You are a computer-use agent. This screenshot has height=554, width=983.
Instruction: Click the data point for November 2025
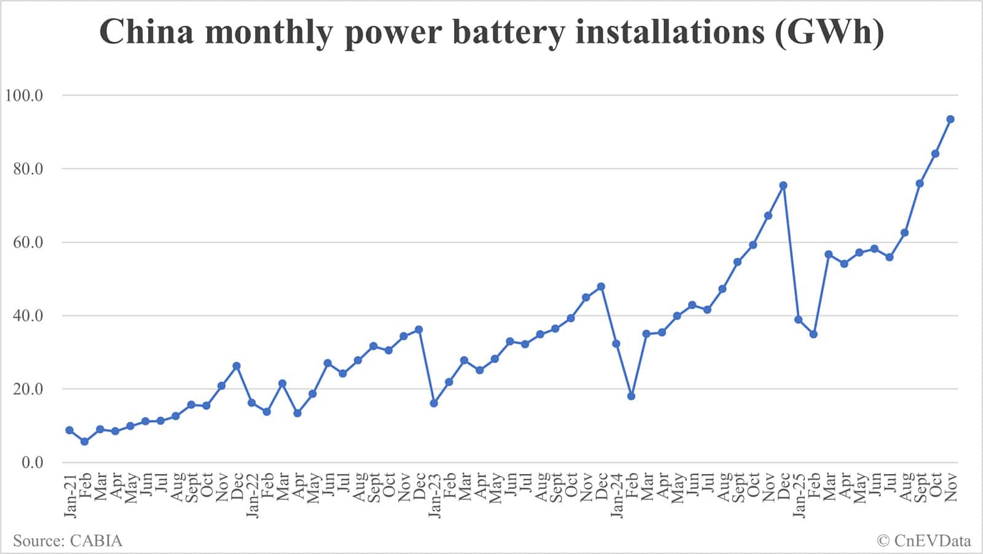coord(950,119)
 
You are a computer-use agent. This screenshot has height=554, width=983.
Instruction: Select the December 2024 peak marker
coord(783,185)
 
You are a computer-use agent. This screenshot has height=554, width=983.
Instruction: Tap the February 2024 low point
coord(631,396)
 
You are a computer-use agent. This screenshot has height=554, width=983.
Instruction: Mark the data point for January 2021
coord(69,430)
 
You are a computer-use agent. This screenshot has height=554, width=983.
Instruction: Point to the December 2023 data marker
coord(601,287)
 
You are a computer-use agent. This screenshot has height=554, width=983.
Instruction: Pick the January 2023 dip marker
coord(434,403)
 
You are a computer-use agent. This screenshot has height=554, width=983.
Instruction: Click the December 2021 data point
coord(237,366)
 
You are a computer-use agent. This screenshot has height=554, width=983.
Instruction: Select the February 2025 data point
coord(813,334)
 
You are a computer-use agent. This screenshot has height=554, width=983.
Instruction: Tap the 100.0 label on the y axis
coord(23,95)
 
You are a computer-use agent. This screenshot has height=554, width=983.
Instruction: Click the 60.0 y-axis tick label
coord(28,242)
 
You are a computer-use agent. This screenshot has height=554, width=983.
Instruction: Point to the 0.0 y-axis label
coord(32,462)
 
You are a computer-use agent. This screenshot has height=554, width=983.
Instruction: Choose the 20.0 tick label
coord(28,389)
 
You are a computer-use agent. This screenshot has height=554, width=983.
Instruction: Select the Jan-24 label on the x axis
coord(616,496)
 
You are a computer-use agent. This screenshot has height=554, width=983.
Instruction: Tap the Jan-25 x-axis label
coord(798,496)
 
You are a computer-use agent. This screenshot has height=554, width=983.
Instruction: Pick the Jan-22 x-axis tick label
coord(252,496)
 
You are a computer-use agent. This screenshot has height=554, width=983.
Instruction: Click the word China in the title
coord(146,32)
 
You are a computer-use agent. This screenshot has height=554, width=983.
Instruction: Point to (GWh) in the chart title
coord(829,32)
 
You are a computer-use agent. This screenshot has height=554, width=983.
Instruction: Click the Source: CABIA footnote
coord(68,541)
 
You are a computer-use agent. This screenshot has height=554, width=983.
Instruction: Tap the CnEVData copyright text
coord(924,541)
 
